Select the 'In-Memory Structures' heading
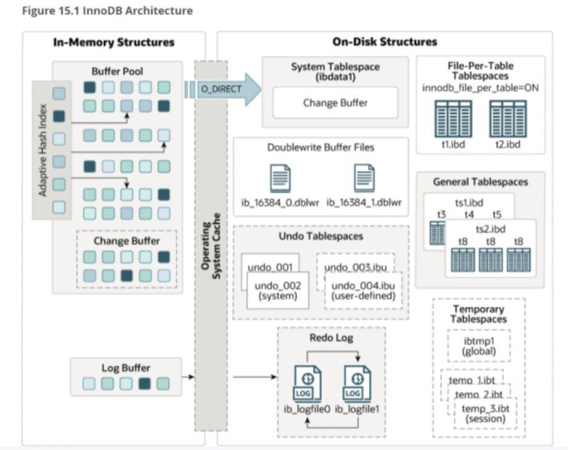[114, 42]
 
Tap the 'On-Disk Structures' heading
[384, 42]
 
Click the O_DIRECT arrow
[223, 89]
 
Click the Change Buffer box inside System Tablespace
[335, 103]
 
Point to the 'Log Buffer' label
[127, 368]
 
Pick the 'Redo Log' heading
[331, 338]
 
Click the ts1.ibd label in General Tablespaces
[469, 203]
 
